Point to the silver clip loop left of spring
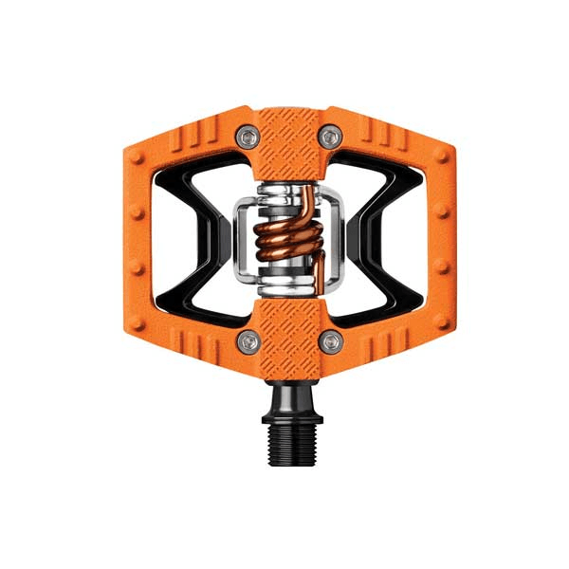coord(243,237)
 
